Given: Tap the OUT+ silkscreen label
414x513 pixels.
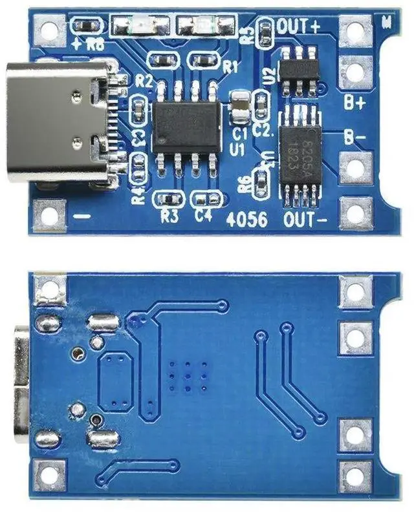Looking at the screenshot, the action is point(298,26).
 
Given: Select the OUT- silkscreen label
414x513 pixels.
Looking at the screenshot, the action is point(305,220).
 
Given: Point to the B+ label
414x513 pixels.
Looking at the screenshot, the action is point(354,102).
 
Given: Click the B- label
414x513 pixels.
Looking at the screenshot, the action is point(354,138).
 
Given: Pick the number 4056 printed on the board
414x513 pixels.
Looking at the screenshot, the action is point(247,220).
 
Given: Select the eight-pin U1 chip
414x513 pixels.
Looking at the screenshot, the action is point(186,127).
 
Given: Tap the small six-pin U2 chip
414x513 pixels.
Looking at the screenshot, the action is point(299,71).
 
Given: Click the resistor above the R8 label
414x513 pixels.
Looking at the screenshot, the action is point(87,26).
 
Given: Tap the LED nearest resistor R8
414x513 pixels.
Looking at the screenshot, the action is point(137,26).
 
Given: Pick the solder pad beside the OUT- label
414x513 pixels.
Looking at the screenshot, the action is point(355,213).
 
